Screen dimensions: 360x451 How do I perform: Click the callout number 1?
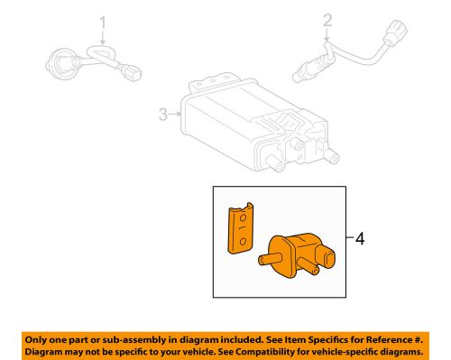(x=103, y=21)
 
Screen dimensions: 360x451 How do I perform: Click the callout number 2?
(x=327, y=20)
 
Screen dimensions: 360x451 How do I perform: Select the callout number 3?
(x=162, y=115)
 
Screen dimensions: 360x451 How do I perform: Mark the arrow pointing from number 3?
(x=173, y=115)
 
